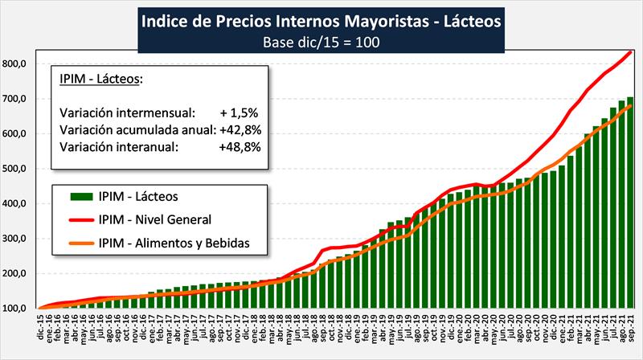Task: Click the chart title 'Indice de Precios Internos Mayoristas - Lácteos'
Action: point(321,19)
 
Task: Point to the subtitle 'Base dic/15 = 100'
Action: point(321,41)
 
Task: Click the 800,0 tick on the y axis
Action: point(16,63)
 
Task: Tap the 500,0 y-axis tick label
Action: point(16,169)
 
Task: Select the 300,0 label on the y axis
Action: point(16,239)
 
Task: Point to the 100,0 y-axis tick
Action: point(16,309)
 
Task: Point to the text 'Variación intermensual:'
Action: point(116,112)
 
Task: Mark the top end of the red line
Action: point(630,52)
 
